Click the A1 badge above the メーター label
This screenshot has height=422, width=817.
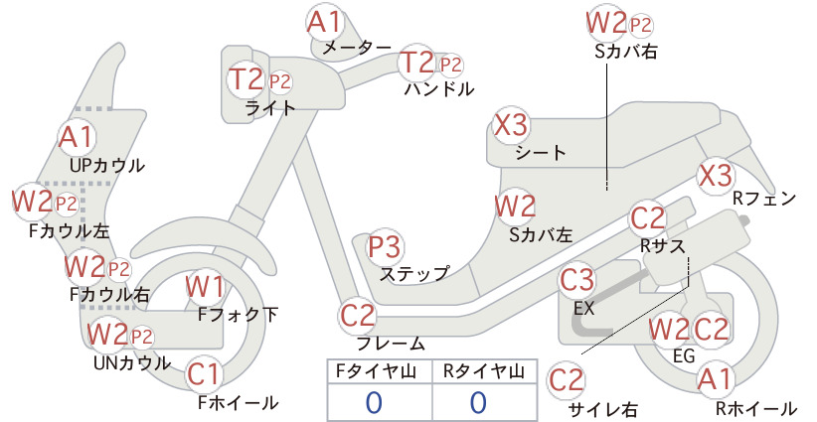click(x=324, y=22)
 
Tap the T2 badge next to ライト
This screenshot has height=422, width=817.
click(x=245, y=79)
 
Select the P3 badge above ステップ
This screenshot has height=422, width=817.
click(x=385, y=246)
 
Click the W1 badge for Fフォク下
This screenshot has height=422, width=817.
click(x=205, y=287)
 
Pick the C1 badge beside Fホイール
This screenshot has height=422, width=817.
click(x=203, y=374)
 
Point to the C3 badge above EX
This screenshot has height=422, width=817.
click(x=576, y=280)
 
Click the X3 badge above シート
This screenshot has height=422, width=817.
click(x=511, y=125)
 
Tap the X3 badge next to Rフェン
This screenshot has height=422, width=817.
click(x=715, y=176)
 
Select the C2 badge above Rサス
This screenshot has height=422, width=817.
click(x=648, y=218)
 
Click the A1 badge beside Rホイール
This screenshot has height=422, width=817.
click(x=716, y=379)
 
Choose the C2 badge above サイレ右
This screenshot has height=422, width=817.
click(x=567, y=380)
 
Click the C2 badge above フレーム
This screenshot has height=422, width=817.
click(x=358, y=316)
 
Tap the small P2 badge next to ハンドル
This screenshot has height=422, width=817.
click(x=450, y=66)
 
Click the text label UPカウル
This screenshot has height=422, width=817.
click(x=106, y=166)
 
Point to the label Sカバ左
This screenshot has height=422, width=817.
click(x=541, y=235)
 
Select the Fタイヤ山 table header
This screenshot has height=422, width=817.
click(x=376, y=371)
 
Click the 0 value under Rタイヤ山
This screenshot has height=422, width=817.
click(x=478, y=402)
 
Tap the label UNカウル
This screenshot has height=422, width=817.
click(x=132, y=362)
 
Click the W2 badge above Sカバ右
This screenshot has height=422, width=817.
click(x=605, y=23)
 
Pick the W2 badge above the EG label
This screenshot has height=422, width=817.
click(x=669, y=330)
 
